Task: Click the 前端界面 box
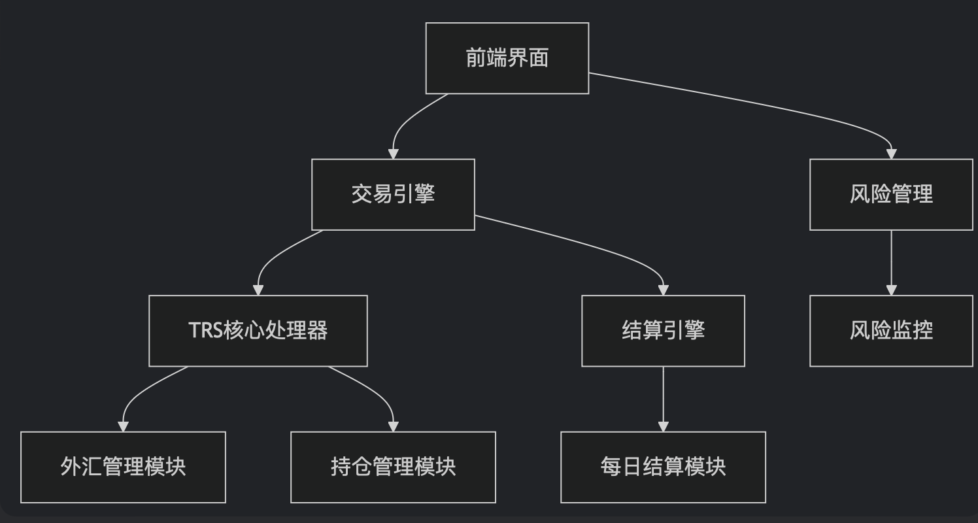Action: coord(507,58)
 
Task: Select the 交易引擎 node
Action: coord(393,194)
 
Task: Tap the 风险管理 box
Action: coord(891,194)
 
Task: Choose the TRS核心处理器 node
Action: coord(258,331)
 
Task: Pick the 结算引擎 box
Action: coord(663,331)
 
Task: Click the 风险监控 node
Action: coord(891,331)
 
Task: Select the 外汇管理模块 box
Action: coord(123,467)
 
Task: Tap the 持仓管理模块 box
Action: coord(393,467)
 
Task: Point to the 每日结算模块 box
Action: coord(663,467)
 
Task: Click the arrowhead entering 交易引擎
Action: coord(393,154)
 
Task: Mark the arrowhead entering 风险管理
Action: coord(891,154)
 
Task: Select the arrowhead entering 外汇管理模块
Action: coord(123,426)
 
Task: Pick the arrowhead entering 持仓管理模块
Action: coord(393,426)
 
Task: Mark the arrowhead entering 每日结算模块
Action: coord(663,426)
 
